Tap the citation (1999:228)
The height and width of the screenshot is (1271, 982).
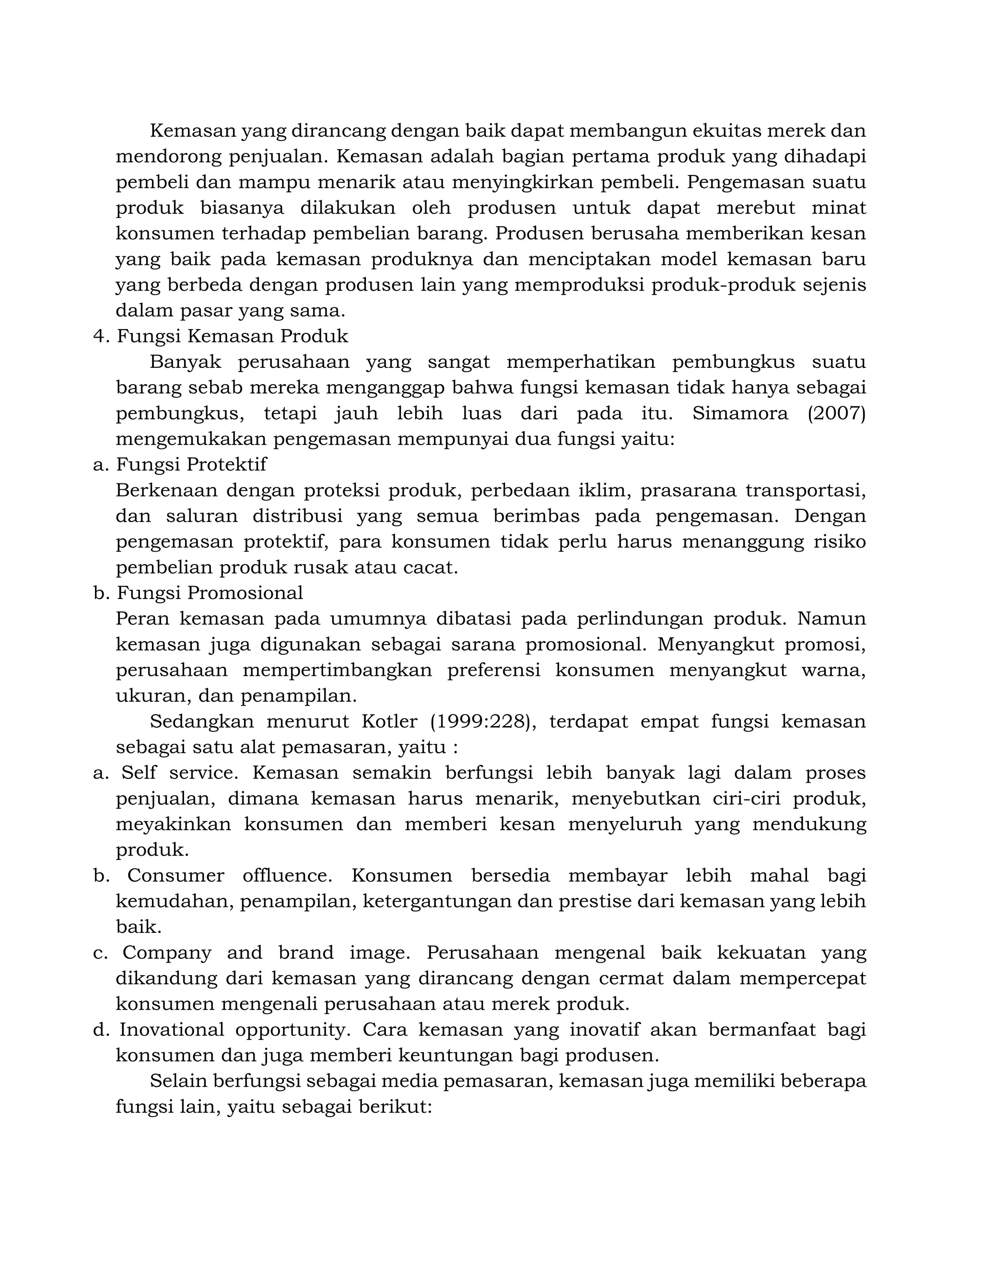coord(480,722)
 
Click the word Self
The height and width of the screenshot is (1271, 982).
coord(139,773)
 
